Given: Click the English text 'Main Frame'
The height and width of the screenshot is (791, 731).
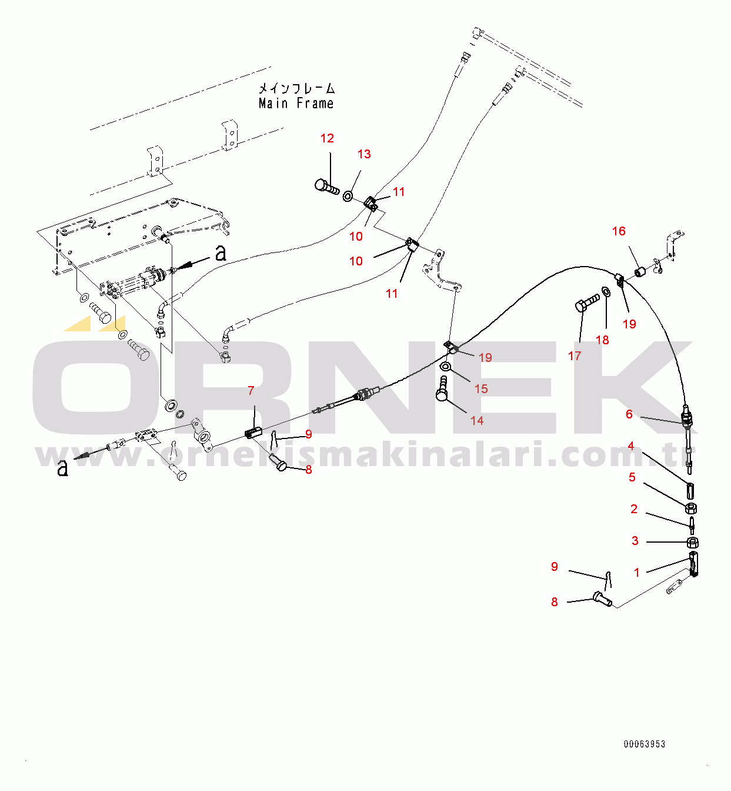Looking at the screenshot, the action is [x=296, y=104].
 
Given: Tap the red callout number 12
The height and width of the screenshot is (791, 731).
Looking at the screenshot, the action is [x=327, y=138].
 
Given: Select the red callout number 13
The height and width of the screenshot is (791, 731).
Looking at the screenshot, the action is [x=364, y=154].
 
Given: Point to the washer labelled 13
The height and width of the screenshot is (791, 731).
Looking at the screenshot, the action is [x=348, y=196].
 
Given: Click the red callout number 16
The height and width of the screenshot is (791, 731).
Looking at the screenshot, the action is [x=619, y=231].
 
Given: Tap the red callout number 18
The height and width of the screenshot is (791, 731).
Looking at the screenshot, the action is [x=602, y=340].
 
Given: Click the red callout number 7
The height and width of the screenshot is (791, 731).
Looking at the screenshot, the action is [x=251, y=390].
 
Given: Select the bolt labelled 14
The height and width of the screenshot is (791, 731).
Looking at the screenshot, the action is [x=442, y=388].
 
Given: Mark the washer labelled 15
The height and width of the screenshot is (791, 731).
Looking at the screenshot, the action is [x=445, y=366].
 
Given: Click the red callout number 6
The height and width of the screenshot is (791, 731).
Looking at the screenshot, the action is [x=629, y=414].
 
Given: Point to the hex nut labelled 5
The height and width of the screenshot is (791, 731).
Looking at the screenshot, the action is [x=691, y=508].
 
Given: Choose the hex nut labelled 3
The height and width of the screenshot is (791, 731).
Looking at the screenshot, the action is [x=693, y=542].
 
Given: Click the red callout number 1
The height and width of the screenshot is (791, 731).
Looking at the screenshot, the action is [x=637, y=572].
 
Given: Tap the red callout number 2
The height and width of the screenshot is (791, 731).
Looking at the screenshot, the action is [x=634, y=508].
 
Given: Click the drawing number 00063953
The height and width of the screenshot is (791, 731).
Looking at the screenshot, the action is [x=645, y=744].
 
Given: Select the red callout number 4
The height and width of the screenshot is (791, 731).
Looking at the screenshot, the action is [x=631, y=446].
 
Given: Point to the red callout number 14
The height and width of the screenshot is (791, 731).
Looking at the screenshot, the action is [x=477, y=421].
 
